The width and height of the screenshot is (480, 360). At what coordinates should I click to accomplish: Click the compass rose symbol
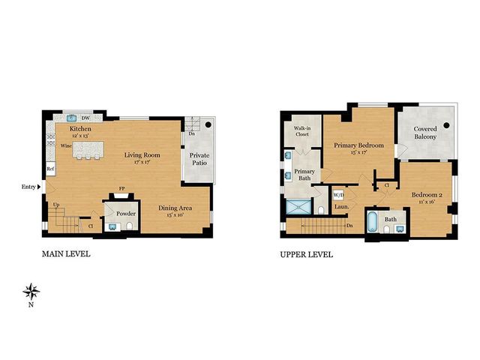pyautogui.click(x=31, y=290)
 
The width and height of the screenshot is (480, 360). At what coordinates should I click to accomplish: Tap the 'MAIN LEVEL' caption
pyautogui.click(x=66, y=254)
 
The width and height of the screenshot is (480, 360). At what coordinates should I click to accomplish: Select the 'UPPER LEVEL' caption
pyautogui.click(x=307, y=254)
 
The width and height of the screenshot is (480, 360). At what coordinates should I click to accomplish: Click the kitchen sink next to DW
pyautogui.click(x=73, y=118)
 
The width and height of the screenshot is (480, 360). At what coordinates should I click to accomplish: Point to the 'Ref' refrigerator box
pyautogui.click(x=49, y=169)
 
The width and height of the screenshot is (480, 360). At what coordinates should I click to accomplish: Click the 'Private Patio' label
pyautogui.click(x=199, y=158)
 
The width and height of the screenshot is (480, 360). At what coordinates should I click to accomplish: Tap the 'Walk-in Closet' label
pyautogui.click(x=301, y=133)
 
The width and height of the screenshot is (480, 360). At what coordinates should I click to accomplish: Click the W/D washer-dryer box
pyautogui.click(x=337, y=195)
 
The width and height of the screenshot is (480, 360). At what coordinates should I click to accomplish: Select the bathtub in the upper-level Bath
pyautogui.click(x=373, y=223)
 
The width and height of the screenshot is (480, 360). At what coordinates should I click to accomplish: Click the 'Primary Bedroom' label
pyautogui.click(x=358, y=148)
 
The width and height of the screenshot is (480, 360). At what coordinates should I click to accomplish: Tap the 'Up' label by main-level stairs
pyautogui.click(x=55, y=204)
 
